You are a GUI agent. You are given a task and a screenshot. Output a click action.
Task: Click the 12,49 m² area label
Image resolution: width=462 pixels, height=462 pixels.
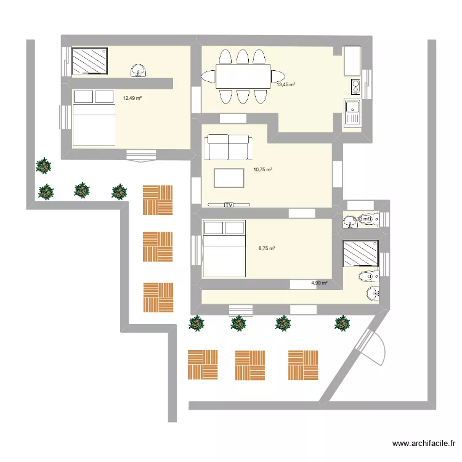(132, 98)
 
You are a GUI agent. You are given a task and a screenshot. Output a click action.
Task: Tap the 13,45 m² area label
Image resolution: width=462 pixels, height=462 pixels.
(286, 85)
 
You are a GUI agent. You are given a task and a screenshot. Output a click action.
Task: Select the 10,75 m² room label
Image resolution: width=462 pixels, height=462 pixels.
(263, 169)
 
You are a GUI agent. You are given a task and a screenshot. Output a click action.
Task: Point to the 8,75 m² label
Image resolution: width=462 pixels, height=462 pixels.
(267, 248)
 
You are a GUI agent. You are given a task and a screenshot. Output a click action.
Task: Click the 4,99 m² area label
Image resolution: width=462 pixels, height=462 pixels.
(319, 283)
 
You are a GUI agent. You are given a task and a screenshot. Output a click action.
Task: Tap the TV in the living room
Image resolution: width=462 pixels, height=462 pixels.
(229, 205)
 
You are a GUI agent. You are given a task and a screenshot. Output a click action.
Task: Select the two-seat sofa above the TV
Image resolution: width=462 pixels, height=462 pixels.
(229, 147)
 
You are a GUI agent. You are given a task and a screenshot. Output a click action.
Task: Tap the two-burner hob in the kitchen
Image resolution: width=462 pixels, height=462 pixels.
(354, 84)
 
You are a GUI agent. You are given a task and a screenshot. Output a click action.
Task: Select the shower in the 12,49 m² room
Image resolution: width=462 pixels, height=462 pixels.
(90, 62)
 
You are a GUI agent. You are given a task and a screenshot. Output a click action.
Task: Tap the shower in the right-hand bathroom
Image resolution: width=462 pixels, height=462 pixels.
(360, 253)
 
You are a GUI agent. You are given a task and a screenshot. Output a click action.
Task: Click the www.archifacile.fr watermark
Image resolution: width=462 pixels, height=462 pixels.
(425, 444)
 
